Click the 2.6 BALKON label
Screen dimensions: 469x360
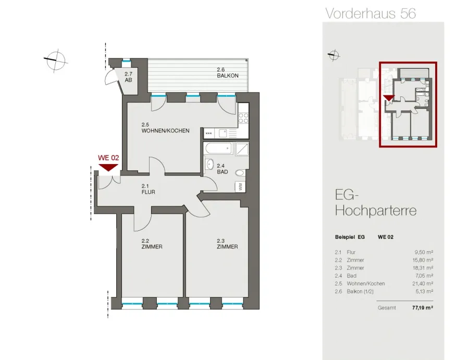click(x=228, y=72)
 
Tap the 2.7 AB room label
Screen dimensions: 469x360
click(x=128, y=77)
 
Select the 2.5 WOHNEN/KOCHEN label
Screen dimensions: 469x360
click(x=165, y=128)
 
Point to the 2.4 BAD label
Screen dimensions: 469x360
click(x=222, y=169)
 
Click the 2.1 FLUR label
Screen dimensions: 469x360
click(x=149, y=189)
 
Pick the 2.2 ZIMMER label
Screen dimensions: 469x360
click(x=152, y=244)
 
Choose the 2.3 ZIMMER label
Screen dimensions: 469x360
click(x=227, y=244)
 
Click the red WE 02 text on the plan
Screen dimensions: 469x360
click(x=108, y=157)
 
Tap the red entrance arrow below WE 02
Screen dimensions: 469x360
click(x=108, y=167)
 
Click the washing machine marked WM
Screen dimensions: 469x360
click(x=240, y=187)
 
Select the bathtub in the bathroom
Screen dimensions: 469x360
click(x=219, y=148)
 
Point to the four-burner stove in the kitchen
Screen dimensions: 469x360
click(x=243, y=118)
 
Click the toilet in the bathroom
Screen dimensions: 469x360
click(x=240, y=173)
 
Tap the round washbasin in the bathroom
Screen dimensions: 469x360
click(x=209, y=164)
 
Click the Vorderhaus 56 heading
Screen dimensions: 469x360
click(x=371, y=14)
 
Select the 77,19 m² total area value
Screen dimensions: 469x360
click(x=423, y=307)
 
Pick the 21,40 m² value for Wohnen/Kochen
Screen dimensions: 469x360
click(x=423, y=283)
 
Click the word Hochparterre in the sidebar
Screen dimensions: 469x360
click(x=376, y=210)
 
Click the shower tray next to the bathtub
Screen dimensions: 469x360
click(x=242, y=148)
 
